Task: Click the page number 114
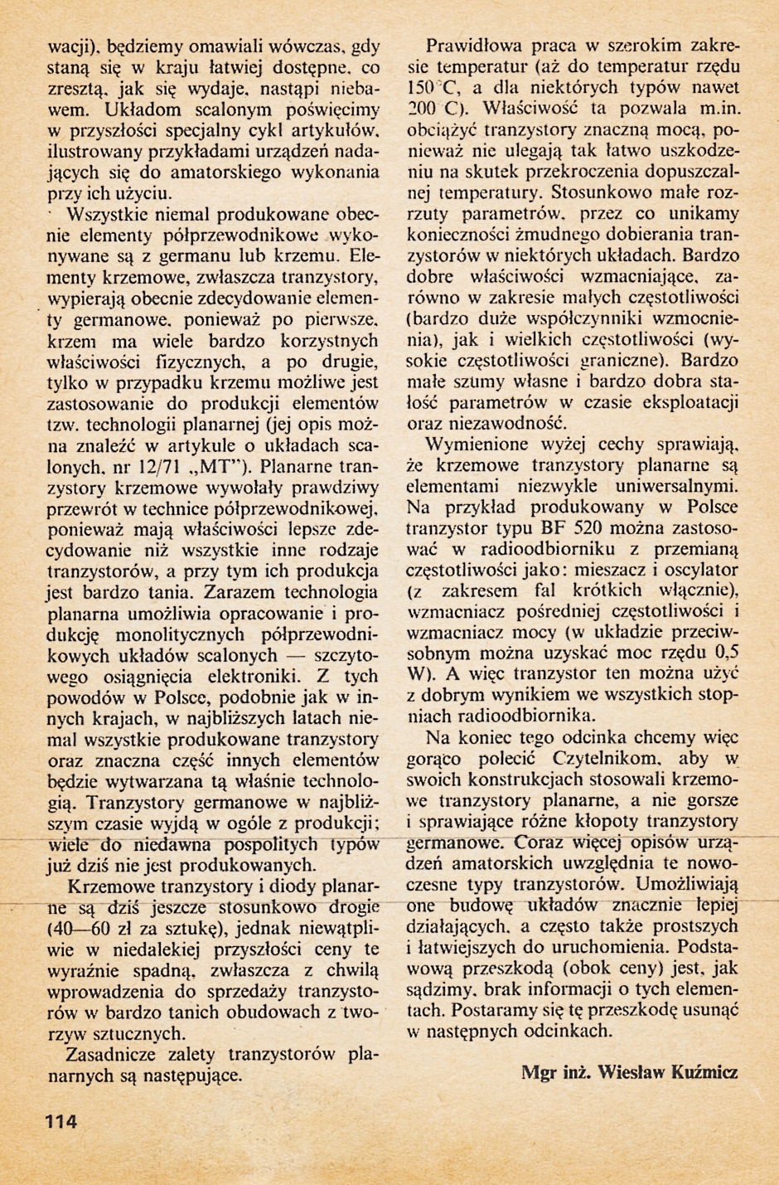(61, 1121)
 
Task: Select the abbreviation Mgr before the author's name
(539, 1072)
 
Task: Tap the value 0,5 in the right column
(726, 650)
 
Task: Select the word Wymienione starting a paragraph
(477, 444)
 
